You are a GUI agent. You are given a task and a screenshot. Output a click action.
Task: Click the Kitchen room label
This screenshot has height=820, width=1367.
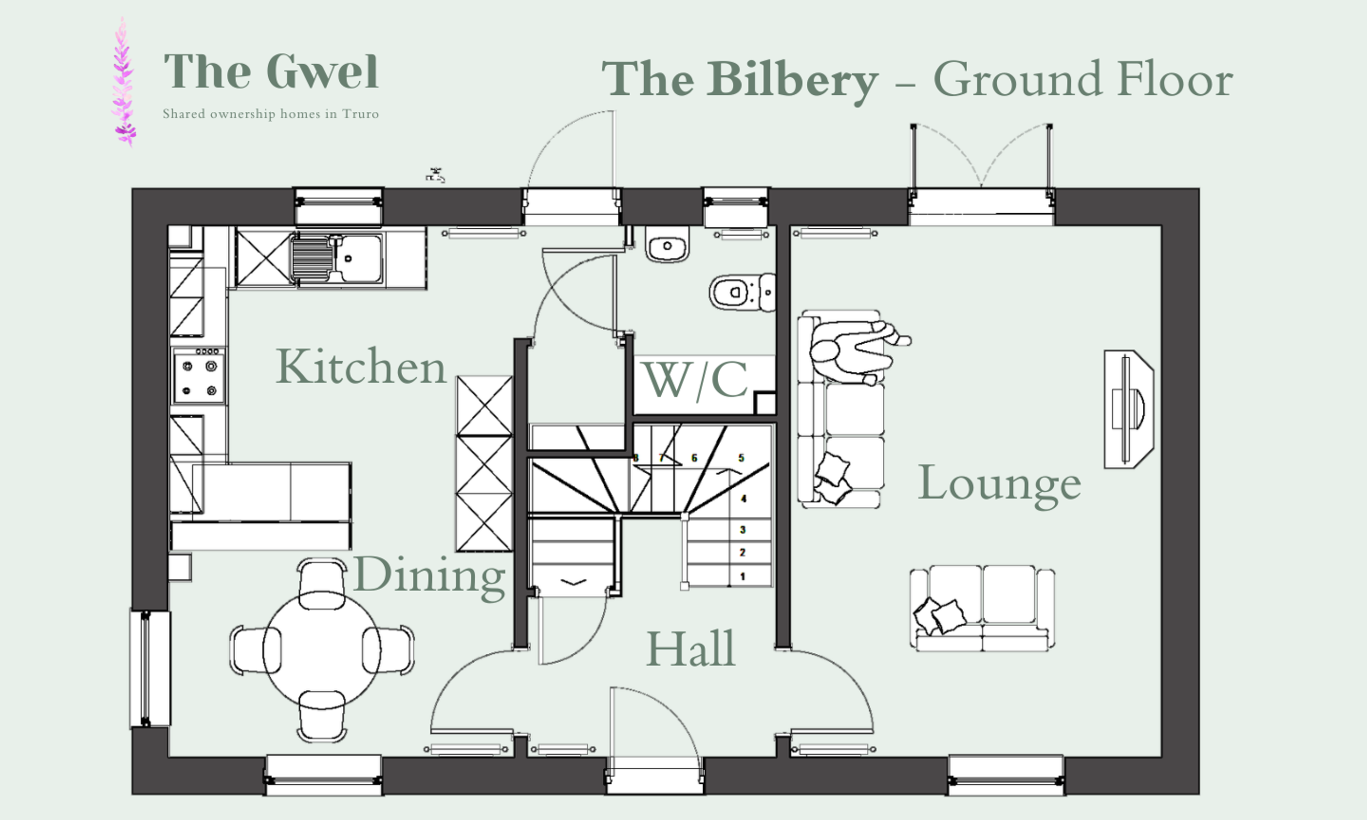[x=361, y=367]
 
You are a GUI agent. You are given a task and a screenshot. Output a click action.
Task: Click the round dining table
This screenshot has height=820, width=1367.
[x=322, y=650]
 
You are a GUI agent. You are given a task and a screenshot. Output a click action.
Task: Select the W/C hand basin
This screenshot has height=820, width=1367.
[x=667, y=244]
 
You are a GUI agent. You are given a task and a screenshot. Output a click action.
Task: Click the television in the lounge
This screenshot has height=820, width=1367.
[x=1127, y=409]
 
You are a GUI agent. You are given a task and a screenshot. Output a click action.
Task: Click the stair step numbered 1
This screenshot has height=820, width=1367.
[x=743, y=576]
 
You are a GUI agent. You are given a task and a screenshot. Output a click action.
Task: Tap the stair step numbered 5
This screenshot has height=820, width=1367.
[x=741, y=458]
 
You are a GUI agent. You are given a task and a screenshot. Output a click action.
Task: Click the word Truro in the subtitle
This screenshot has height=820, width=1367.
[x=360, y=114]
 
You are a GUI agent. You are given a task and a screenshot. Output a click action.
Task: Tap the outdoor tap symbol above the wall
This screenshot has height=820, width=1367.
[x=435, y=175]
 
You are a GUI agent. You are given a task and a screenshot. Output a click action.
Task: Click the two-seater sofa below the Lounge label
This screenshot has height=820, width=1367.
[x=982, y=608]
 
